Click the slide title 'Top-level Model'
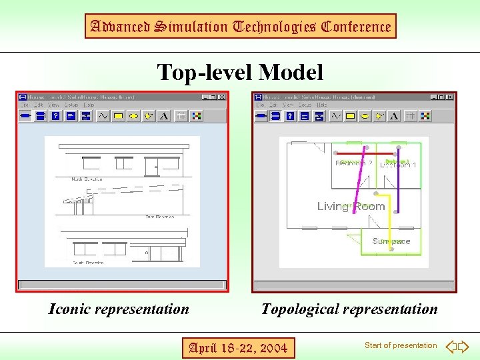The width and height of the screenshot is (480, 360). [239, 71]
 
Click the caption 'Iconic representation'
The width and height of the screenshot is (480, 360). [119, 309]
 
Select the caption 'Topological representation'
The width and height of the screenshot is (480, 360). [349, 309]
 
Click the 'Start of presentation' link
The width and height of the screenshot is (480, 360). [401, 345]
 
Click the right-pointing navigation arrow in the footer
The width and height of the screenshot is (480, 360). [464, 346]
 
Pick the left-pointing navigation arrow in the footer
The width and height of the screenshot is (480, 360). [451, 346]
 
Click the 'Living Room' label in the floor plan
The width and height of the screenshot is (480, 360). [351, 206]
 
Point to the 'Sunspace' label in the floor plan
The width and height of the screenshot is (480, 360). [391, 241]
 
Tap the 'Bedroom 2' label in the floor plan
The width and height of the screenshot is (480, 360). [353, 163]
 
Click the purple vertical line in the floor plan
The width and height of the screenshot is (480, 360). [398, 183]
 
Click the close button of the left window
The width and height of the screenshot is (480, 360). [222, 97]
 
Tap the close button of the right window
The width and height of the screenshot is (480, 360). [451, 97]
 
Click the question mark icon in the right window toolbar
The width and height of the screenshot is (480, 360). [290, 116]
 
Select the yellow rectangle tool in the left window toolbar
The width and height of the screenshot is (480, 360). [118, 116]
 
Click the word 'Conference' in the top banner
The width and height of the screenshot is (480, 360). [355, 27]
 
